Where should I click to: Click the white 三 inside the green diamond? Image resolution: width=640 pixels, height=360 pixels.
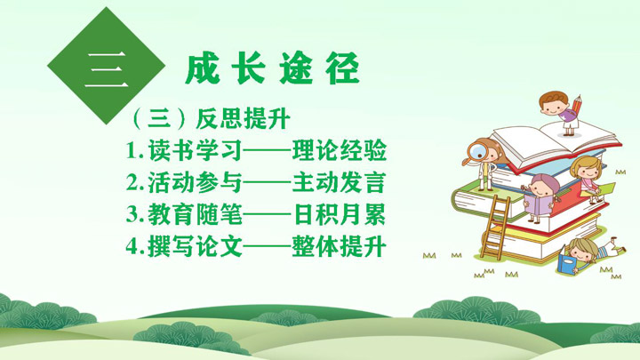[106, 70]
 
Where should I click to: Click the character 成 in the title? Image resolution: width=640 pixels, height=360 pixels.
[203, 68]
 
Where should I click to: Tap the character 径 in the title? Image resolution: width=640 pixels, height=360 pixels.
[343, 68]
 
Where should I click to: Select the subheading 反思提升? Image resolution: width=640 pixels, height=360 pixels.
[244, 119]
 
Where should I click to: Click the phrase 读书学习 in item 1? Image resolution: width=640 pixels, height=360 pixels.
[195, 150]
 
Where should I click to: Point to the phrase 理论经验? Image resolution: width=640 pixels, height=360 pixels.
[340, 150]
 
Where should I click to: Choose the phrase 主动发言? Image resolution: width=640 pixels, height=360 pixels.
[340, 182]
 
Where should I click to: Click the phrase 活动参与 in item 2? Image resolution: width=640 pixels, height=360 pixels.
[195, 182]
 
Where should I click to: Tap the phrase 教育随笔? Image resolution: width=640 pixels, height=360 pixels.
[195, 214]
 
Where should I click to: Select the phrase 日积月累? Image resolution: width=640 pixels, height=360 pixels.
[340, 214]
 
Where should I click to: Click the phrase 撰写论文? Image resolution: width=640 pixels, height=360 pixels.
[195, 246]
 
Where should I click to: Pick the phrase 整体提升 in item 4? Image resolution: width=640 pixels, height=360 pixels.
[340, 246]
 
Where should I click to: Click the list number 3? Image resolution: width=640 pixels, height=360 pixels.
[132, 215]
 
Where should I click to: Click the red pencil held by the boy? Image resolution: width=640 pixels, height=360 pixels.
[577, 105]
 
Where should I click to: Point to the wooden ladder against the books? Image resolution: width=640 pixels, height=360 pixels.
[495, 225]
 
